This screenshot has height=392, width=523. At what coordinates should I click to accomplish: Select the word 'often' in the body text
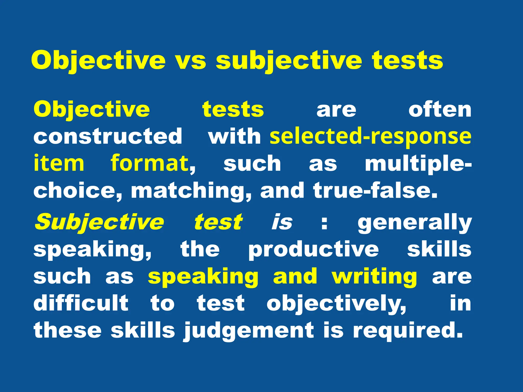click(440, 110)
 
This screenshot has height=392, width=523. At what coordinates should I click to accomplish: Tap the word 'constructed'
click(108, 136)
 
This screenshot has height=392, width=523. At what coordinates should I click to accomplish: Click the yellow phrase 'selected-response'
click(371, 137)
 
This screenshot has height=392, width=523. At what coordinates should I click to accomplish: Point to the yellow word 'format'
click(150, 163)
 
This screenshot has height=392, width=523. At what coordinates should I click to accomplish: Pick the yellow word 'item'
click(59, 163)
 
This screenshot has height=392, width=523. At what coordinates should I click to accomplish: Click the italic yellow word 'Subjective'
click(99, 222)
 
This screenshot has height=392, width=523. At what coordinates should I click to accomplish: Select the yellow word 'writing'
click(374, 277)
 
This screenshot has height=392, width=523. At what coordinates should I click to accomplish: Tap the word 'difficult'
click(81, 303)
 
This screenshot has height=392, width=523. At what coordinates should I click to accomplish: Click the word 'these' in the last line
click(68, 330)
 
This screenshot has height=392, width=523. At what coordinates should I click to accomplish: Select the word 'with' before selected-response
click(234, 137)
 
